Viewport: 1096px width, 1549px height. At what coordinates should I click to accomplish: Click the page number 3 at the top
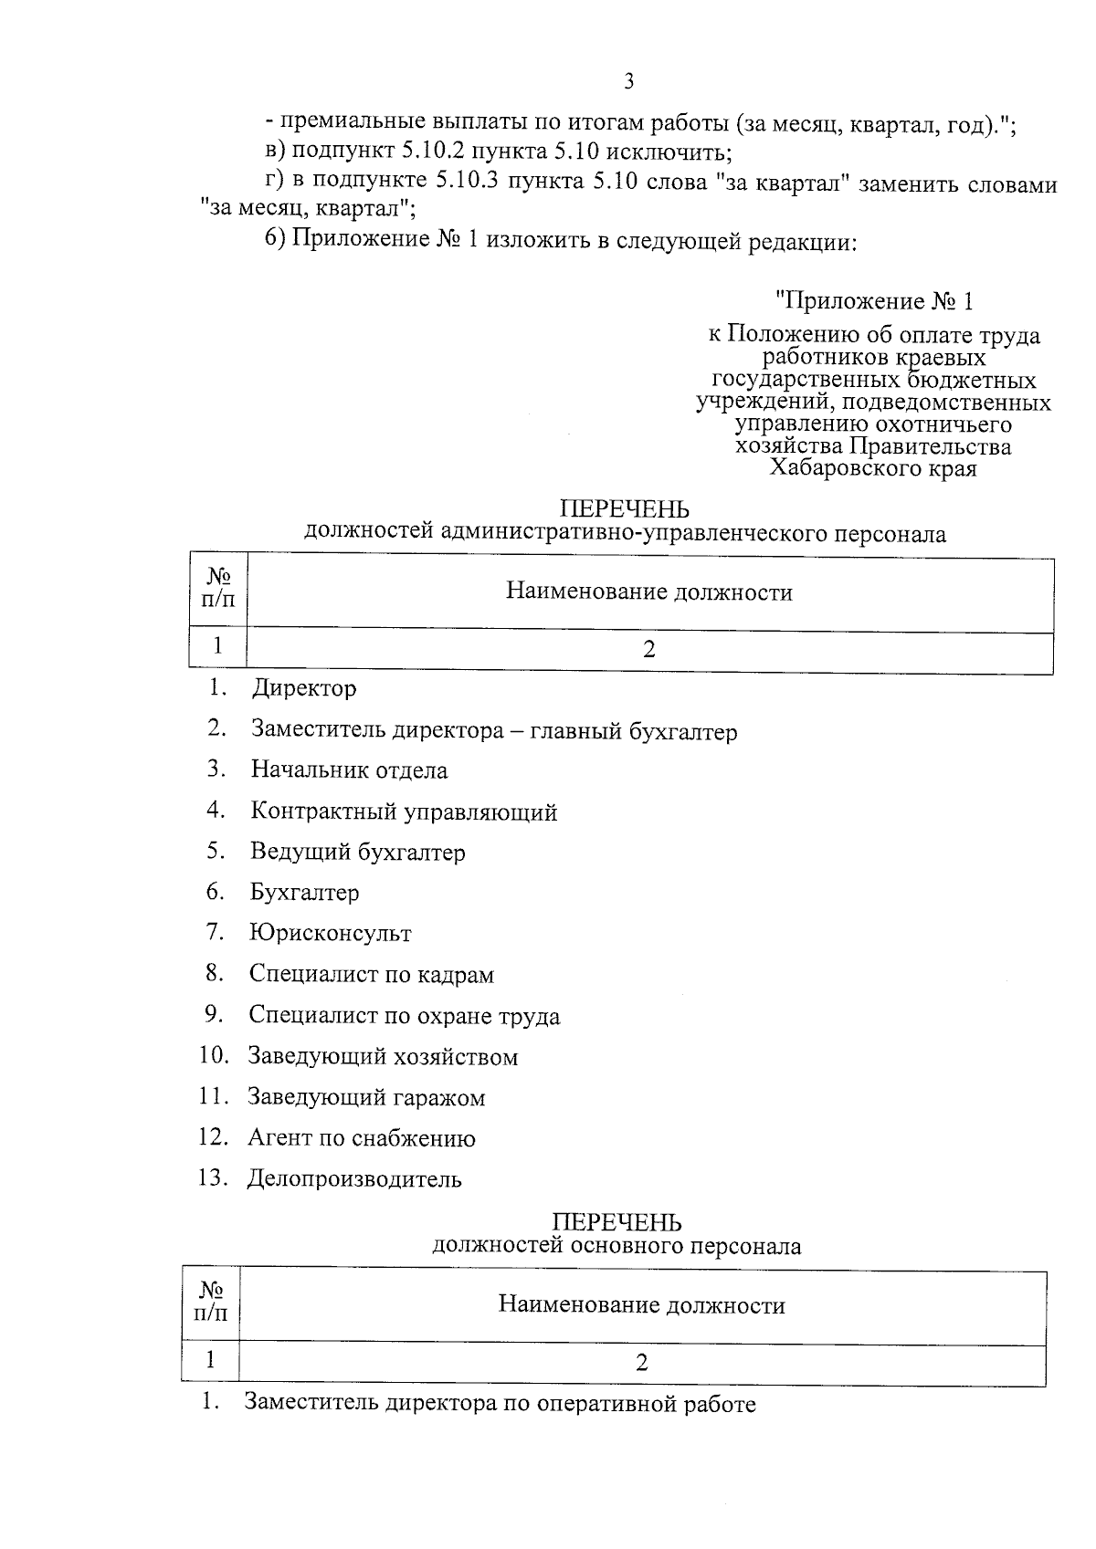pos(627,82)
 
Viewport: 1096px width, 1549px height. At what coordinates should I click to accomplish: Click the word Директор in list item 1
pos(304,688)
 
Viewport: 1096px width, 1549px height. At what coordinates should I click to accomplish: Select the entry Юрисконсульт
pos(330,934)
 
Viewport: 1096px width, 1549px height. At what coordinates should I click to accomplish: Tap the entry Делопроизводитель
pos(354,1179)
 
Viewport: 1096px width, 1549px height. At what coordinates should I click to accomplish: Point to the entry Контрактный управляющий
pos(404,811)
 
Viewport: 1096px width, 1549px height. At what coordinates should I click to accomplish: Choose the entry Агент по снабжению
pos(362,1138)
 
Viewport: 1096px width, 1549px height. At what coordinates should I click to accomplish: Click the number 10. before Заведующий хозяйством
pos(214,1056)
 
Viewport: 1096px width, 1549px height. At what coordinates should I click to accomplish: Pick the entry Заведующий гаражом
pos(366,1097)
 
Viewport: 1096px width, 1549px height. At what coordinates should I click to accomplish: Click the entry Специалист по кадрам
pos(372,975)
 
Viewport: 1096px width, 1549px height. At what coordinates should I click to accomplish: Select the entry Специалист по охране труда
pos(405,1016)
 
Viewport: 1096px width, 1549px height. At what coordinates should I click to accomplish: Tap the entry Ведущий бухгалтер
pos(358,853)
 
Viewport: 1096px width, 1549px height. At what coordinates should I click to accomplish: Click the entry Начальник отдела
pos(350,770)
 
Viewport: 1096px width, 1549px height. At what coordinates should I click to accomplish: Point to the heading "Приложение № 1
pos(873,301)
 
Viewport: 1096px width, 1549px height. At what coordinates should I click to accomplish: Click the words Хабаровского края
pos(873,469)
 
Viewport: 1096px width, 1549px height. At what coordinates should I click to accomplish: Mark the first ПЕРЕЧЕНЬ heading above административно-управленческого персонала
pos(624,508)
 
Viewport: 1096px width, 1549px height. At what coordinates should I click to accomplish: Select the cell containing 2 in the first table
pos(649,649)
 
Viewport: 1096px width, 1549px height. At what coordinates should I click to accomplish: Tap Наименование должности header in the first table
pos(649,592)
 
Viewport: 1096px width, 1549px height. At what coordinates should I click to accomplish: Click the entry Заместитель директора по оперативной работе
pos(500,1404)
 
